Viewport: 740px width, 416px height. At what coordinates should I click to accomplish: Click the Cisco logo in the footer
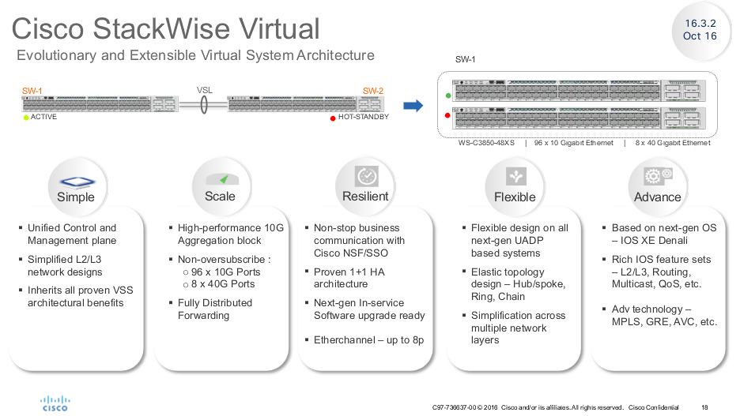[55, 403]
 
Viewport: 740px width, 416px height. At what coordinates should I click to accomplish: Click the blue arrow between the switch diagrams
[413, 106]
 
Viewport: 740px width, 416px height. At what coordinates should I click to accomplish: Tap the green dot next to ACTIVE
[25, 118]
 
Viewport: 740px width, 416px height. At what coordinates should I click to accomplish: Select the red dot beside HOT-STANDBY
[333, 118]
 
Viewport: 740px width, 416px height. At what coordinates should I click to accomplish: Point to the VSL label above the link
[206, 90]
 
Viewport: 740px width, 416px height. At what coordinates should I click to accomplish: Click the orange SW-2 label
[373, 91]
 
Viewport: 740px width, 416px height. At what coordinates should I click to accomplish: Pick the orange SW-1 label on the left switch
[32, 91]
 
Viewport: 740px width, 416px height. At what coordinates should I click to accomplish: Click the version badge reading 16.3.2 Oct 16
[700, 30]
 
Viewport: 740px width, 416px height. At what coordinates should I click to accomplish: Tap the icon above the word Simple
[77, 180]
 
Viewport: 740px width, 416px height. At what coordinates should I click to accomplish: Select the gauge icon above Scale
[221, 178]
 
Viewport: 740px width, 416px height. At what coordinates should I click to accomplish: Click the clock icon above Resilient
[366, 176]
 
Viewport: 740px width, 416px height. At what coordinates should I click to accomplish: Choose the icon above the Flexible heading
[515, 176]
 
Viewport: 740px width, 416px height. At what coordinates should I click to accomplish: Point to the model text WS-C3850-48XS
[486, 143]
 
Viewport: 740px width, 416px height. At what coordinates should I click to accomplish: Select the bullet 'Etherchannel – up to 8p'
[368, 339]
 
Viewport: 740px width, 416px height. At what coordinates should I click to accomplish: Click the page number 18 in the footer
[705, 407]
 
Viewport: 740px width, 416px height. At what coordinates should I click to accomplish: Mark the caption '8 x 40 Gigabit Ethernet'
[672, 143]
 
